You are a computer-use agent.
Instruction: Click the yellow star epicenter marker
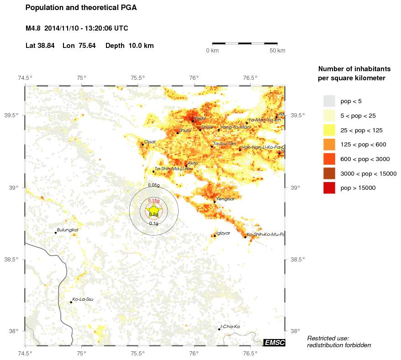coord(153,209)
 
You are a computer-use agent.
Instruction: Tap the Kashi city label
coord(200,118)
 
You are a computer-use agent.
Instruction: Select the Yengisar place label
coord(225,198)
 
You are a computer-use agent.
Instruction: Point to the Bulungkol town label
coord(67,230)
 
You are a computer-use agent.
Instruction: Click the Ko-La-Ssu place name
coord(83,299)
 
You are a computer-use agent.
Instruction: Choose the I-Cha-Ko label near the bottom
coord(230,327)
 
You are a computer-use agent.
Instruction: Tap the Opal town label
coord(150,142)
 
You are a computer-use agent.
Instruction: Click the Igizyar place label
coord(223,233)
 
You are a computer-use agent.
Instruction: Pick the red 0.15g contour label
coord(153,201)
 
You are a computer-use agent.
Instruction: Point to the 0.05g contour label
coord(154,185)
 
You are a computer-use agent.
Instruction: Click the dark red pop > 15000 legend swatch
coord(329,188)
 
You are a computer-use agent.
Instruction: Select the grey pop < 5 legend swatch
coord(329,101)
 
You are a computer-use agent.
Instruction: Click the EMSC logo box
coord(274,342)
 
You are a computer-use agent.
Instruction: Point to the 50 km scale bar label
coord(277,50)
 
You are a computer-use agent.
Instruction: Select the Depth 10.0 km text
coord(129,46)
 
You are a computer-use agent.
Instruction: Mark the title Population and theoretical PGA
coord(81,8)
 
